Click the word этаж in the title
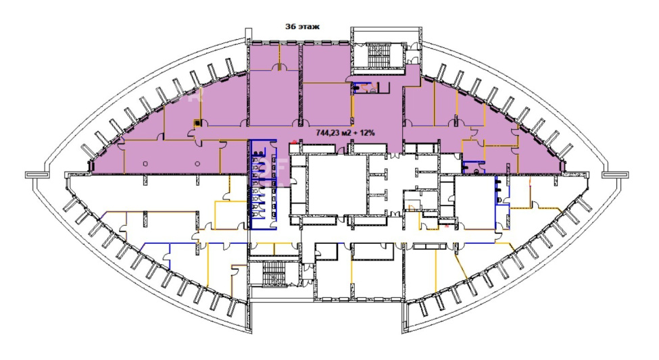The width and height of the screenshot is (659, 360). point(309,26)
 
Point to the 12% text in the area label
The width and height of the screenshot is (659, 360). point(367,133)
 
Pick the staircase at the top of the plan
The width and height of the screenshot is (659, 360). point(379,55)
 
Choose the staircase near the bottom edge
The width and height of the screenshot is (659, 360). point(274,274)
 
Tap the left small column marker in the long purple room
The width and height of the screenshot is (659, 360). point(145,164)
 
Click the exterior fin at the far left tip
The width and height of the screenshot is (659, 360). point(32,174)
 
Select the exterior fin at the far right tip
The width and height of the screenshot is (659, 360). point(615,174)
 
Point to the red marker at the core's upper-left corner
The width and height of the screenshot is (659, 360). point(295,142)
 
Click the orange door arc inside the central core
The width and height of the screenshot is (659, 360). point(412,207)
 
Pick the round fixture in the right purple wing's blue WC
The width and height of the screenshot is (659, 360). point(477,171)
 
